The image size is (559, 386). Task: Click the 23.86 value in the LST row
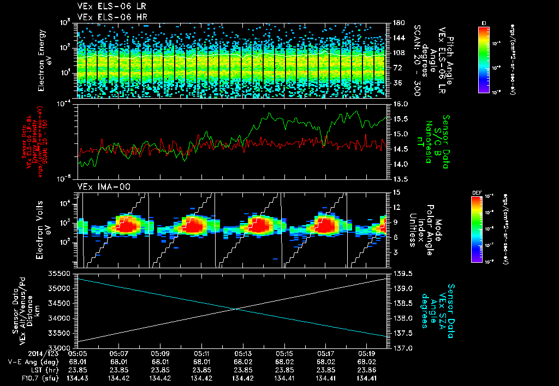point(367,369)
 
